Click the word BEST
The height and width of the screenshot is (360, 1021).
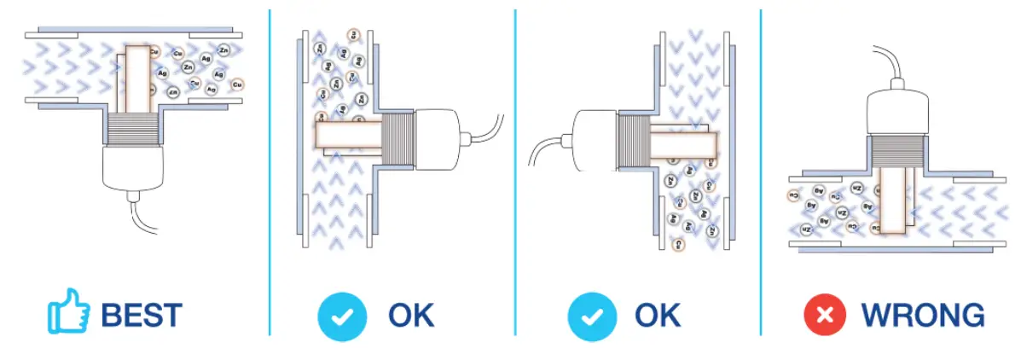pos(142,315)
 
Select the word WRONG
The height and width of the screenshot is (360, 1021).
pos(922,315)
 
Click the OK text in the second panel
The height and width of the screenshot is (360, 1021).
pos(411,315)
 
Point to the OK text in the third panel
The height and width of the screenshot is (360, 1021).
pos(658,315)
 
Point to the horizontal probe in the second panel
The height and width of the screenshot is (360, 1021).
pos(345,135)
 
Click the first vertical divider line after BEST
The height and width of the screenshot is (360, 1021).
pos(270,171)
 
